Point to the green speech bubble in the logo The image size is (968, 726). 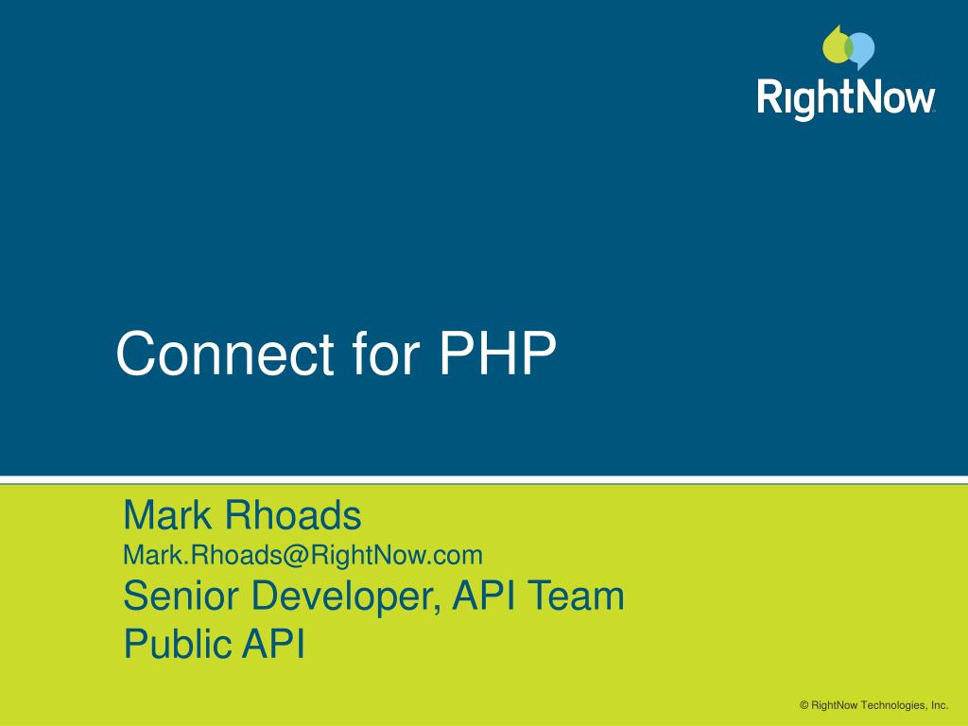837,45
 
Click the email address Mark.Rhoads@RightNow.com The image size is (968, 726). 302,554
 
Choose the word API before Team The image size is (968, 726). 483,596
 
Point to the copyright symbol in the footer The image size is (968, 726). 804,705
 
